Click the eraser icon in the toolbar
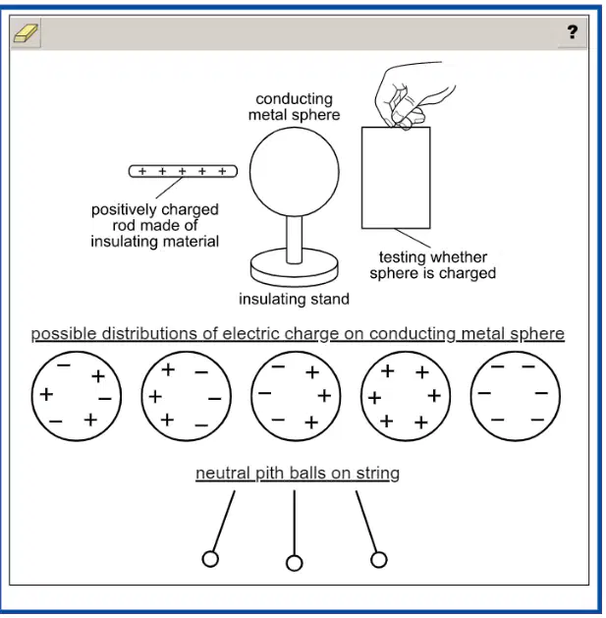click(x=26, y=32)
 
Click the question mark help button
click(x=572, y=31)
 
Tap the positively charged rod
click(x=183, y=171)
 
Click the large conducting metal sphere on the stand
click(x=295, y=172)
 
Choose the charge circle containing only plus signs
click(x=406, y=396)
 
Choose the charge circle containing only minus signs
click(x=515, y=396)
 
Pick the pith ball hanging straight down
click(x=295, y=563)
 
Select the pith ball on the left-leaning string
click(x=210, y=559)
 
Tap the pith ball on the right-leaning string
click(x=379, y=560)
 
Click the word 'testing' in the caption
click(x=402, y=257)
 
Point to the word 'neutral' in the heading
click(x=223, y=473)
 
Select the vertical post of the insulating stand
click(x=295, y=239)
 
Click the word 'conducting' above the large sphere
click(x=294, y=99)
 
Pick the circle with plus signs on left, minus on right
click(x=187, y=396)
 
